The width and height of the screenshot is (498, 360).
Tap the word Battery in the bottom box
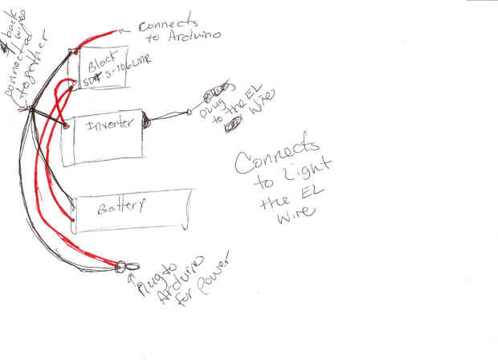tap(120, 207)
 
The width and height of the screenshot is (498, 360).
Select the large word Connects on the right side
tap(277, 157)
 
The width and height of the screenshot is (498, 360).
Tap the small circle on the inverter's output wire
tap(190, 112)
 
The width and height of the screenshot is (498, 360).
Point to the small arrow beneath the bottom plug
tap(131, 277)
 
